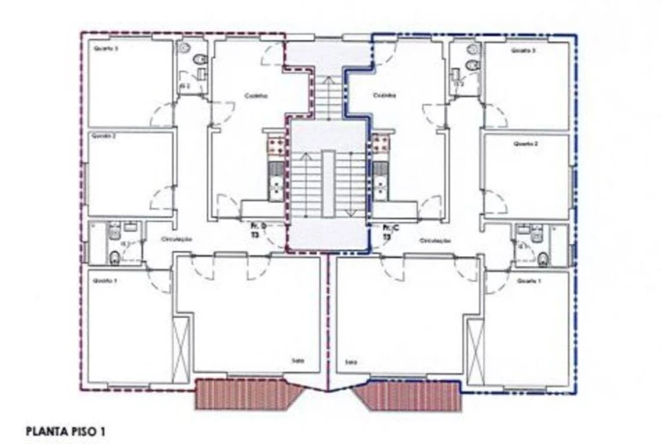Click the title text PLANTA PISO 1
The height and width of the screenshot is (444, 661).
tap(66, 432)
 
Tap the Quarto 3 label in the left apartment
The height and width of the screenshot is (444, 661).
tap(105, 50)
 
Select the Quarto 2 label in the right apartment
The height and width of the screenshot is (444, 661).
tap(525, 143)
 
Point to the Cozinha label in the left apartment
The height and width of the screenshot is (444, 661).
tap(256, 96)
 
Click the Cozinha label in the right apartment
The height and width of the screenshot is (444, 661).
tap(384, 96)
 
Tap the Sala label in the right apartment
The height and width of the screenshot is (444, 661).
tap(351, 361)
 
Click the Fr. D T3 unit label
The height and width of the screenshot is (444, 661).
tap(256, 232)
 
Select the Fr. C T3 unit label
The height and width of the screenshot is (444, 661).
tap(388, 232)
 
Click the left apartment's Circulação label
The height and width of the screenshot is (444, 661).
tap(176, 239)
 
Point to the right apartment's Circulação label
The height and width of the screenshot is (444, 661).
tap(435, 239)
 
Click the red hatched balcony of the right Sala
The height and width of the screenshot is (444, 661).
tap(407, 396)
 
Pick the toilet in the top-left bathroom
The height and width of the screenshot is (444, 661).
tap(199, 61)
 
